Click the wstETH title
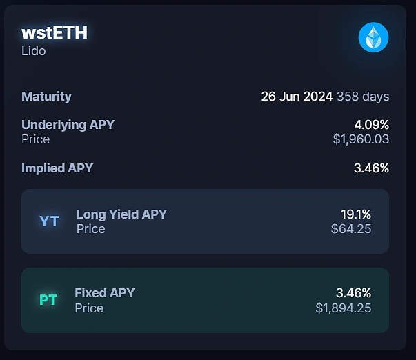click(x=55, y=32)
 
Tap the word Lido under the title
click(x=34, y=51)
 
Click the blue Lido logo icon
click(x=373, y=37)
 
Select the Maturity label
click(x=46, y=97)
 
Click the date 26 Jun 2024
click(x=297, y=97)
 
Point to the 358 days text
click(x=363, y=97)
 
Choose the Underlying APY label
click(x=68, y=125)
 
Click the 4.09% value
click(x=371, y=125)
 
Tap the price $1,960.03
click(x=361, y=139)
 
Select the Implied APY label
click(x=57, y=168)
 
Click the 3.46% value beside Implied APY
click(x=371, y=168)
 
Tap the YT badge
click(x=49, y=221)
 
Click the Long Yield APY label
click(x=121, y=214)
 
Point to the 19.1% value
click(x=356, y=214)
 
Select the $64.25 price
click(x=351, y=229)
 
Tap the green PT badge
click(x=48, y=300)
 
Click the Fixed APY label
click(x=105, y=293)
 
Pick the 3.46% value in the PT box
click(x=353, y=293)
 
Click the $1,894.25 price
click(x=344, y=308)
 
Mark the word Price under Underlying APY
click(x=36, y=139)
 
